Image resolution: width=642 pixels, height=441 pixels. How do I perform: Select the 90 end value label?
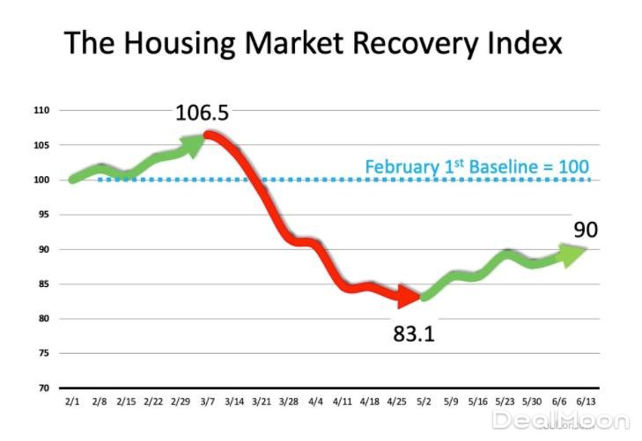click(x=585, y=231)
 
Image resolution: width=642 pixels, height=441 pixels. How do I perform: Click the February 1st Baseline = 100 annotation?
click(x=476, y=165)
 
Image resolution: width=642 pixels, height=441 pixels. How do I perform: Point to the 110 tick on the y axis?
click(x=41, y=111)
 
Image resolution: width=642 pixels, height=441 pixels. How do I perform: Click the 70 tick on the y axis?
click(x=43, y=388)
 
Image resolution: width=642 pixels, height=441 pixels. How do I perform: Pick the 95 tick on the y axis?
click(x=43, y=215)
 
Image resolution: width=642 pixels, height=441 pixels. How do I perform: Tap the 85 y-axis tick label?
click(x=43, y=284)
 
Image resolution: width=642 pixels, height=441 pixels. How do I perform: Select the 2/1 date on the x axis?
click(x=70, y=401)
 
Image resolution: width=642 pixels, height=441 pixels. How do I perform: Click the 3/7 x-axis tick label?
click(x=209, y=401)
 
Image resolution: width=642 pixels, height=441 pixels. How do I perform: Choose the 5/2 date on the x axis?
click(x=425, y=401)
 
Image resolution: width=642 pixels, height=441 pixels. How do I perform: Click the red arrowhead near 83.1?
click(x=408, y=298)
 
